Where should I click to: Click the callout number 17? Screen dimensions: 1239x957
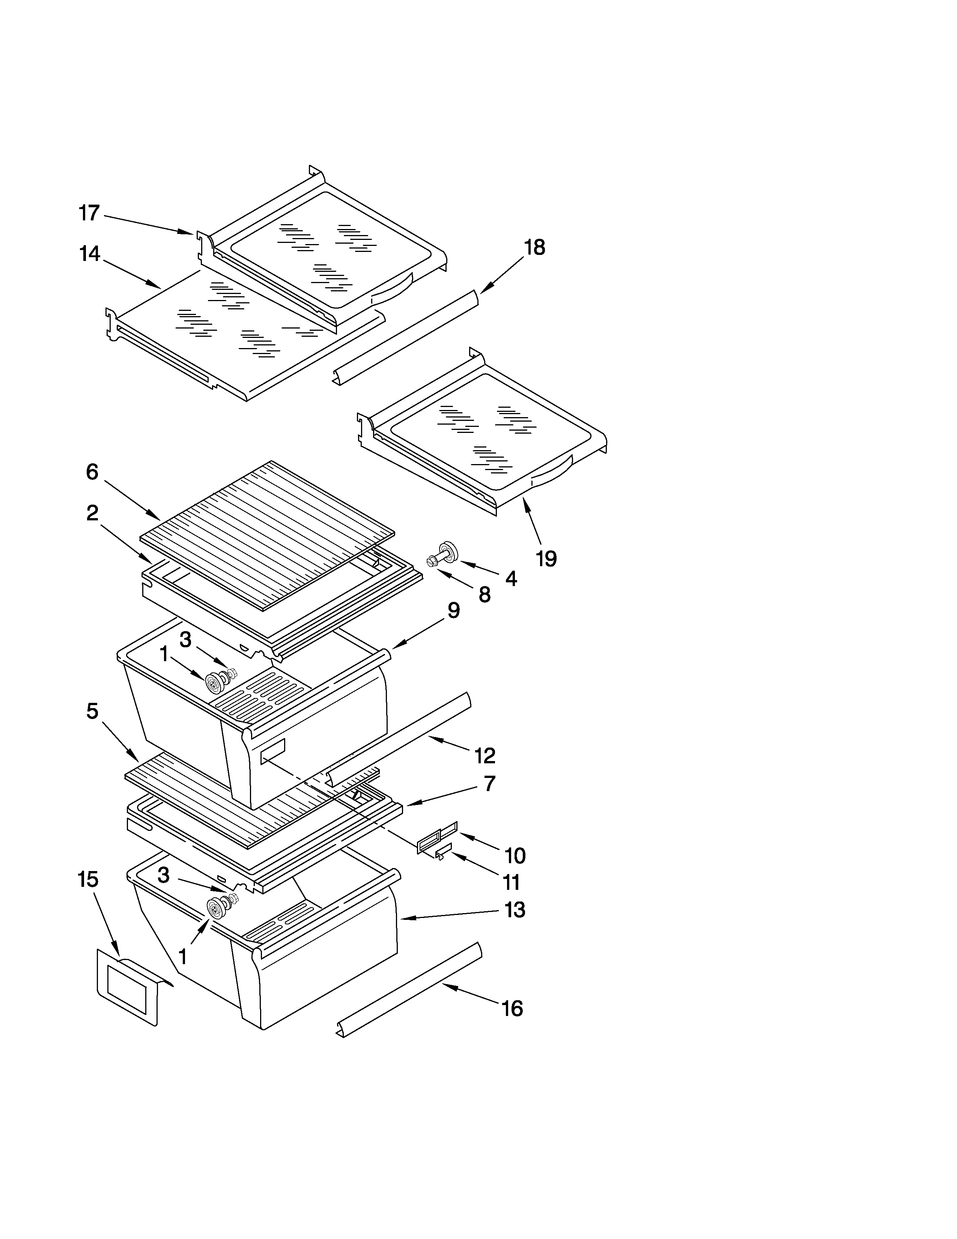click(89, 213)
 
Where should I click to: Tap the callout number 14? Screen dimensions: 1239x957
click(90, 253)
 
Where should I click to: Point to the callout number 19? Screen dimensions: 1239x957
click(546, 558)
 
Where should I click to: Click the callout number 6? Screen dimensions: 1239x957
click(92, 472)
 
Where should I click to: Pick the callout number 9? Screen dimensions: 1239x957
click(454, 610)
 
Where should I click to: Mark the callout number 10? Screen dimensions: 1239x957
click(515, 856)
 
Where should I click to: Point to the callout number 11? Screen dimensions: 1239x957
click(512, 882)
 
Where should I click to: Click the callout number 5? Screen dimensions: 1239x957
click(92, 711)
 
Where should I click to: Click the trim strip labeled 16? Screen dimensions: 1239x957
click(408, 990)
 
